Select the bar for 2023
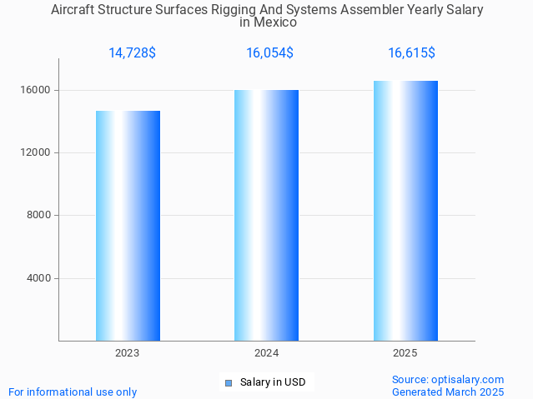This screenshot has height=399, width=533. coord(128,226)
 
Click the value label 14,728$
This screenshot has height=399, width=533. coord(132,53)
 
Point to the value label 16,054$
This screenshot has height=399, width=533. coord(269,53)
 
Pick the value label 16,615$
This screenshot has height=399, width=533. coord(411,53)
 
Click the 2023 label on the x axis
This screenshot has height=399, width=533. coord(128,353)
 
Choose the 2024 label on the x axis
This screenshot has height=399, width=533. coord(266,353)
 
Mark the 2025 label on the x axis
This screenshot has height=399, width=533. coord(405,353)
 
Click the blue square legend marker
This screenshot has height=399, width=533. coord(228,383)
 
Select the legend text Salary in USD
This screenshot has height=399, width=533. coord(273,383)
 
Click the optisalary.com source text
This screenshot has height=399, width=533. coord(448,380)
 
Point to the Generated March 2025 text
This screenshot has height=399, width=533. coord(448,392)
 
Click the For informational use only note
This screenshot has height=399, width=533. coord(73,392)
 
